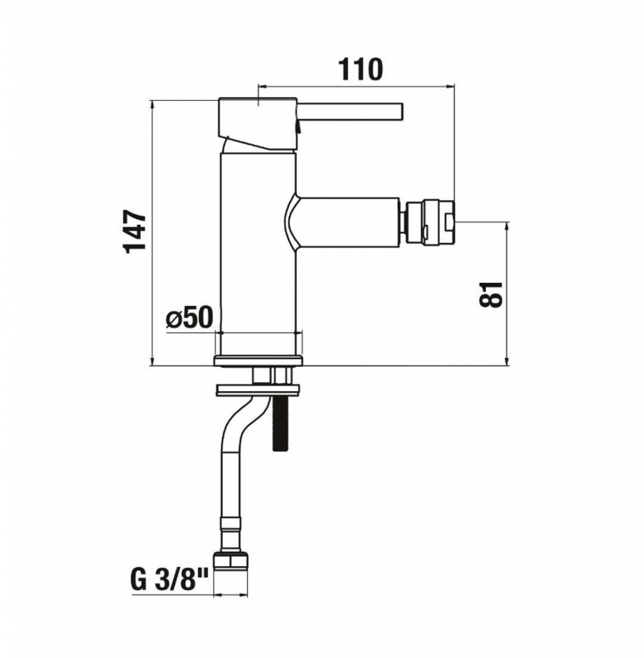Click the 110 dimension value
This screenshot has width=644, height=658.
point(361,69)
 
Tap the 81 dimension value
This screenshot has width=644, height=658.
point(490,294)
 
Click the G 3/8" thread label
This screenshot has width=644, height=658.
point(170,579)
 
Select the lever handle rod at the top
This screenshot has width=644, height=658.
point(350,112)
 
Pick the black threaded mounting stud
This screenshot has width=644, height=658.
point(278,423)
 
